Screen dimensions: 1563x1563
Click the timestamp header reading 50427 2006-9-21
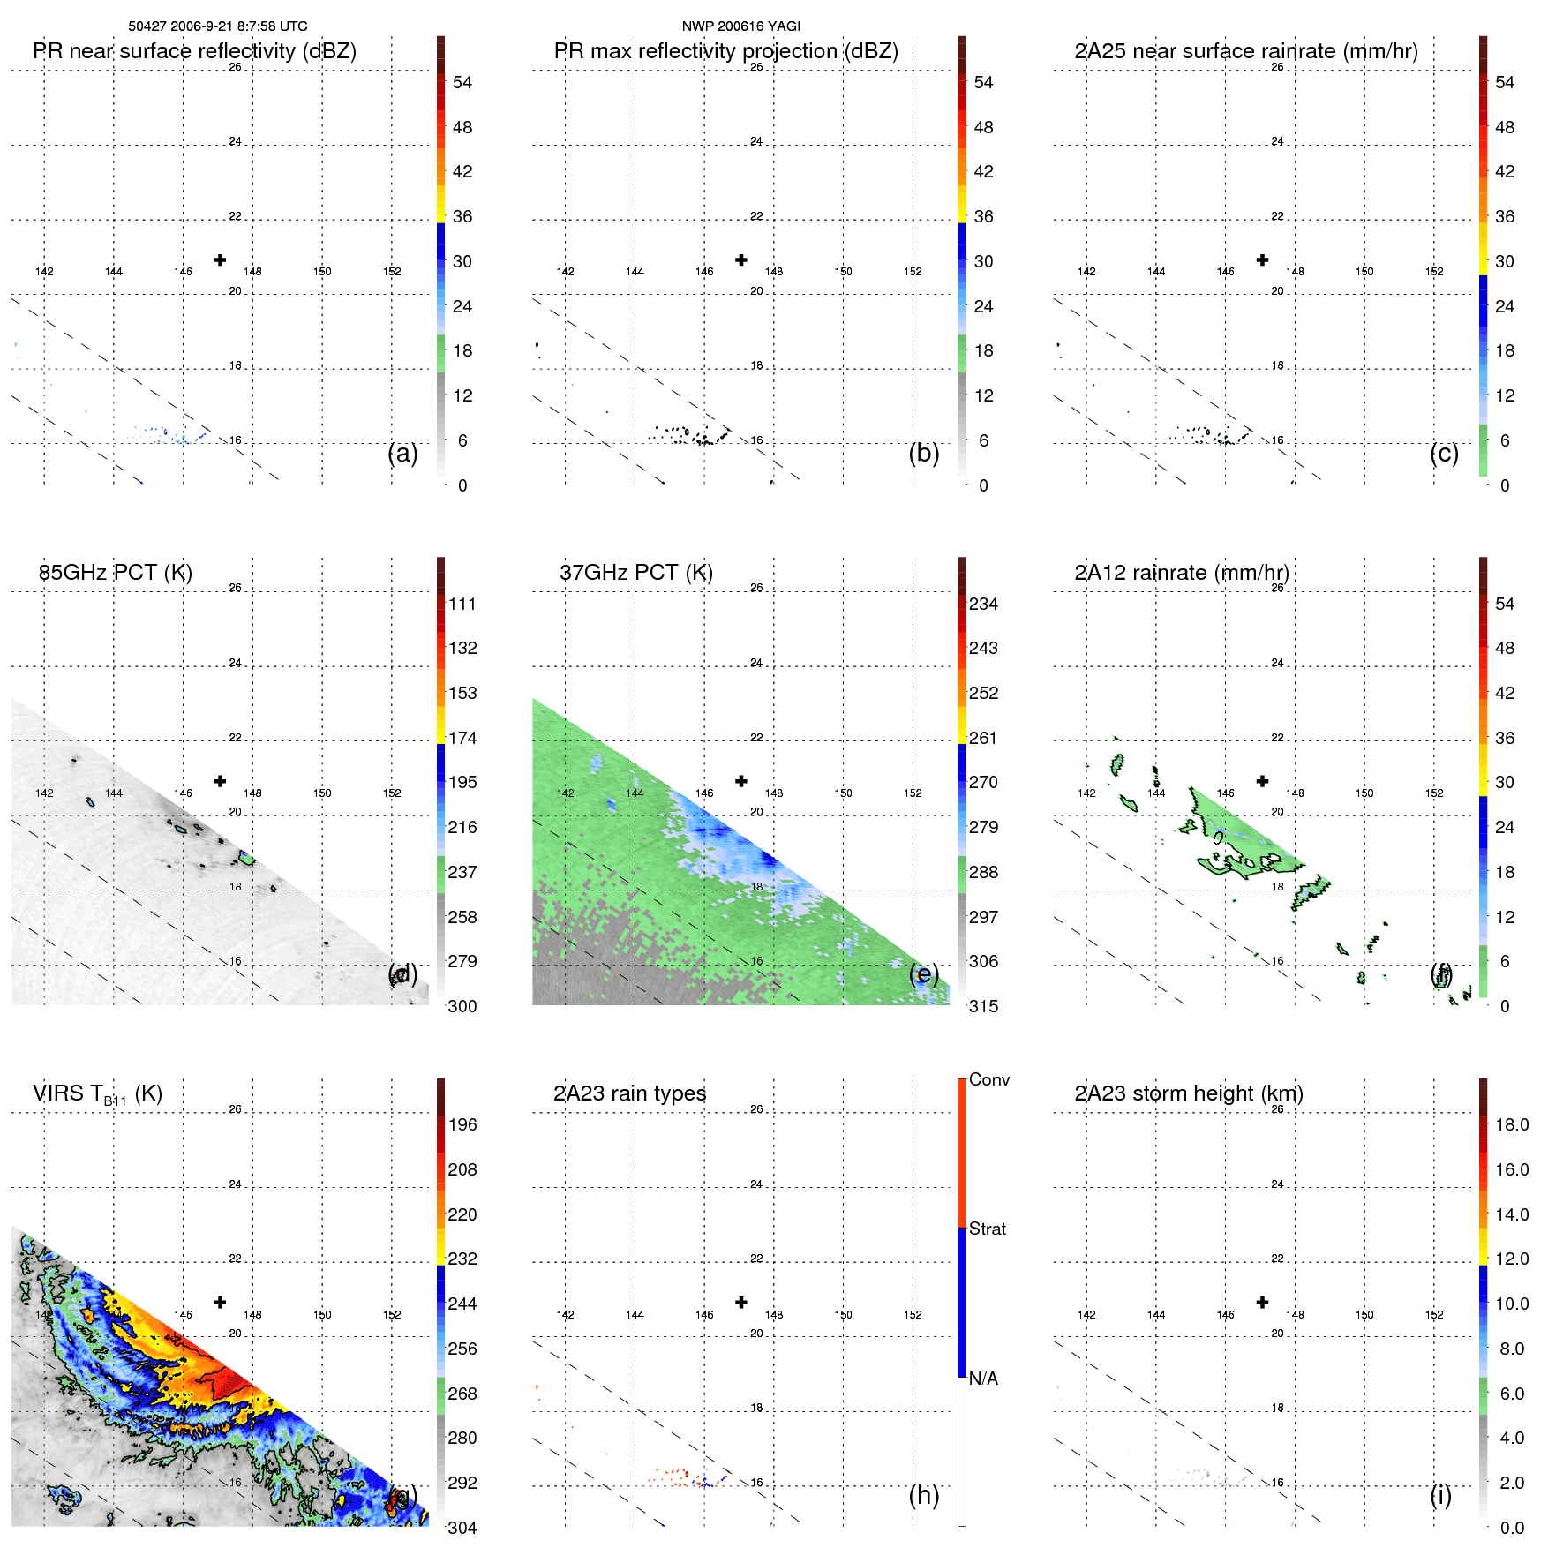click(x=218, y=26)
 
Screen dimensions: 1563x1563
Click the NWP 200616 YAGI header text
click(x=740, y=26)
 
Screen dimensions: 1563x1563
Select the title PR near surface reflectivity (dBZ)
click(x=194, y=51)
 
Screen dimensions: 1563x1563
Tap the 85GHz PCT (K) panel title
click(x=115, y=573)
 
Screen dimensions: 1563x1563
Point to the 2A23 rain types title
click(x=629, y=1093)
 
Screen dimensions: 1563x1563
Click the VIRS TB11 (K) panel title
click(x=97, y=1094)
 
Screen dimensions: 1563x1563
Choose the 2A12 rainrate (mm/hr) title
click(x=1181, y=573)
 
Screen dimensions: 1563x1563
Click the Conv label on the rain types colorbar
click(x=988, y=1079)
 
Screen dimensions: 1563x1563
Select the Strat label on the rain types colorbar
click(x=987, y=1229)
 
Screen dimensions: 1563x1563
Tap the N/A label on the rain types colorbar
click(x=983, y=1379)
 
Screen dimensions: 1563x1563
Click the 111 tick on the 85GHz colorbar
click(x=462, y=604)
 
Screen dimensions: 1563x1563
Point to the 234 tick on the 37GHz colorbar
click(x=983, y=604)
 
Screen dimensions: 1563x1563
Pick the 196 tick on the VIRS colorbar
click(x=462, y=1124)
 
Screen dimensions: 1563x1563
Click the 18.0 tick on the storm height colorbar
click(x=1511, y=1124)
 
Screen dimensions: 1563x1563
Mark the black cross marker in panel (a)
click(x=220, y=259)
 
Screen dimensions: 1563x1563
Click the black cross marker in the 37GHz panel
click(x=741, y=781)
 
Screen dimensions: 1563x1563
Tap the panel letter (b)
click(x=923, y=453)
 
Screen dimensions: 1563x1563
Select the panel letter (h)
click(x=923, y=1495)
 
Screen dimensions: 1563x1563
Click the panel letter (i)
click(x=1440, y=1495)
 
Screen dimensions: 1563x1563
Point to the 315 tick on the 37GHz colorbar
click(x=983, y=1006)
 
